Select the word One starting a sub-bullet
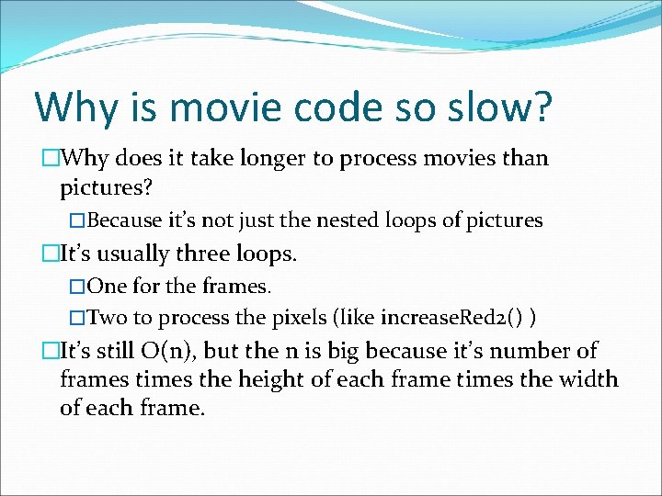(x=107, y=287)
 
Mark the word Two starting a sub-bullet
(x=108, y=318)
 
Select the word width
(x=590, y=379)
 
